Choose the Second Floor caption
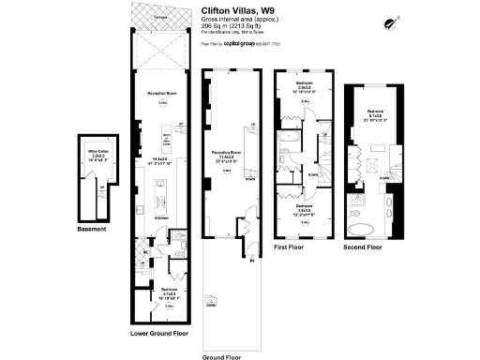(x=365, y=248)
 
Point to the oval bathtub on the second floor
(x=360, y=229)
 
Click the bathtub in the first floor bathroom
(x=290, y=142)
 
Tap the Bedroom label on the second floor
(x=374, y=110)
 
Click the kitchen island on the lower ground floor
(x=159, y=193)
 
